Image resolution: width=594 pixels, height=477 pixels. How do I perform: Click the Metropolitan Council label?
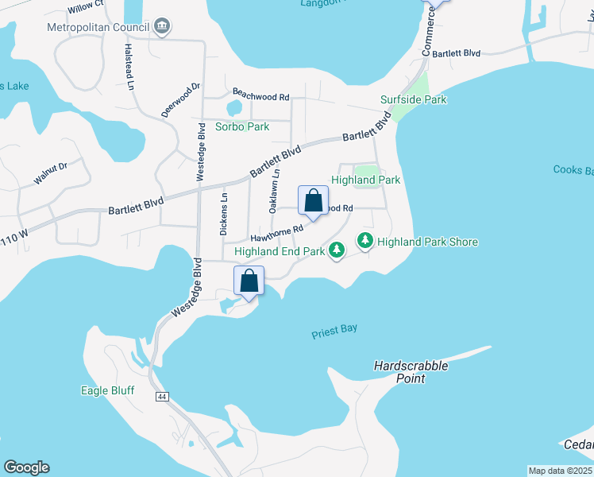(x=97, y=26)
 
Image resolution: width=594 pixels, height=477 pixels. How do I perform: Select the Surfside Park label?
(x=413, y=99)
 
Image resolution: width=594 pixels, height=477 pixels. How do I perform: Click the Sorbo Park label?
(x=242, y=126)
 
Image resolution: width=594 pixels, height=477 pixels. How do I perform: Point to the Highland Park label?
(x=365, y=180)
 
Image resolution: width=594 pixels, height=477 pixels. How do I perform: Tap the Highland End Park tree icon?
(x=337, y=250)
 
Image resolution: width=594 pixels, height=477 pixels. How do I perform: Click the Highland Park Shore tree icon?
(x=365, y=240)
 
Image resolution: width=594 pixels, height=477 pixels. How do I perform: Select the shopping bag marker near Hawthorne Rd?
(x=313, y=201)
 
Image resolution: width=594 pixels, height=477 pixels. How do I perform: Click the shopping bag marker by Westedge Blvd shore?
(x=249, y=281)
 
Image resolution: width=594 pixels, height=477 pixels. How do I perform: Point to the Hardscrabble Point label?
(x=411, y=372)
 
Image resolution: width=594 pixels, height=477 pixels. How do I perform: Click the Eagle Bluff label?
(x=107, y=390)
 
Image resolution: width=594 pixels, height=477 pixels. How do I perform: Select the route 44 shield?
(x=162, y=396)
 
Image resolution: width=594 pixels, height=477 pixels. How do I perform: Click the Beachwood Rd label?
(x=260, y=95)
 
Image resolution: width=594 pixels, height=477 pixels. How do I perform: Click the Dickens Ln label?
(x=225, y=214)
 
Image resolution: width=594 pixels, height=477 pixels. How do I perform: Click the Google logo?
(x=25, y=467)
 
